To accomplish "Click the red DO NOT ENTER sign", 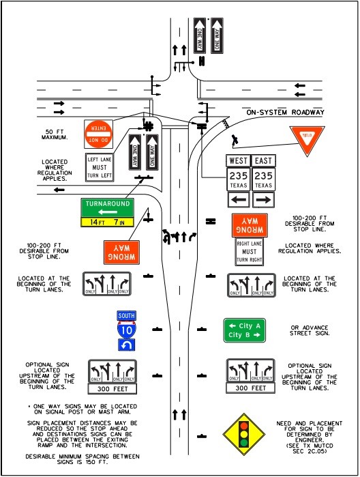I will [x=97, y=134].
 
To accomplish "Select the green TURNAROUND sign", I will [x=107, y=207].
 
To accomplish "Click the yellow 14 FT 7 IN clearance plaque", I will [x=107, y=222].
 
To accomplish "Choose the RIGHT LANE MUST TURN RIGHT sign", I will [x=250, y=252].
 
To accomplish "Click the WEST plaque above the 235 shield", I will [x=237, y=160].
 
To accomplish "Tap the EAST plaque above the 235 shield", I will [x=263, y=160].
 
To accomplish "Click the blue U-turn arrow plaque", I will [x=125, y=345].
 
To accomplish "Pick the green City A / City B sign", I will [x=245, y=330].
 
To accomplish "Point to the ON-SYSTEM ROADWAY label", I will [x=285, y=113].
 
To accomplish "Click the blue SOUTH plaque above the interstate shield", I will [x=125, y=316].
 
